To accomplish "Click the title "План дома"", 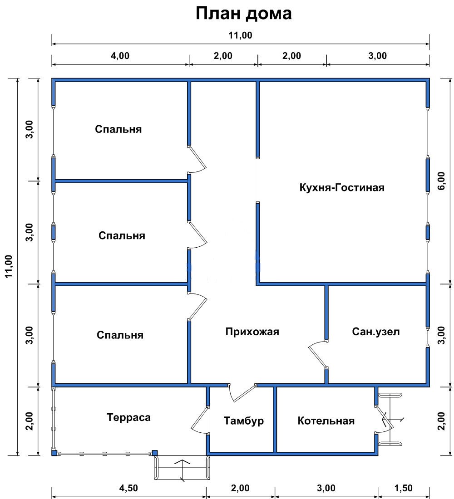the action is (243, 14).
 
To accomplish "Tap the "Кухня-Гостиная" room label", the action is (342, 187).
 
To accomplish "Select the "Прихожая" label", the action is (252, 332).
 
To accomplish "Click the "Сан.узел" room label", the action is (375, 332).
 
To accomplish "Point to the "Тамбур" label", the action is (244, 421).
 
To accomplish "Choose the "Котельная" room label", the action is (326, 421).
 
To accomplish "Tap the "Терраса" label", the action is (129, 417).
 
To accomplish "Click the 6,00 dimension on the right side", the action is (441, 181).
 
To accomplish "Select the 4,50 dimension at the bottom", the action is (129, 488).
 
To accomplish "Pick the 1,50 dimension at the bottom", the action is (403, 488).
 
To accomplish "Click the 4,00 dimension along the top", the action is (120, 56).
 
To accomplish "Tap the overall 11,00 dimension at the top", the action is (240, 35).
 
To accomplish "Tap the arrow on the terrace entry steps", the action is (182, 470).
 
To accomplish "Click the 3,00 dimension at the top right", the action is (378, 56).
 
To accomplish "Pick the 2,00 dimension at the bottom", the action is (240, 488).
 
